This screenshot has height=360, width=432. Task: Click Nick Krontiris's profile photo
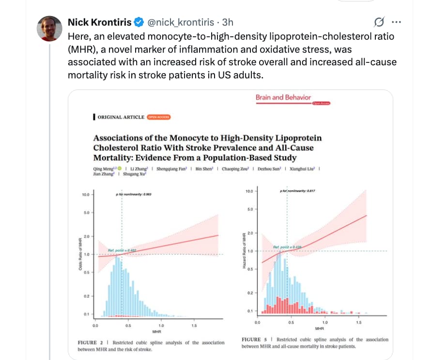50,28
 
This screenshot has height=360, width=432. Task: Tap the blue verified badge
138,22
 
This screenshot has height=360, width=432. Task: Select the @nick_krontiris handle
180,22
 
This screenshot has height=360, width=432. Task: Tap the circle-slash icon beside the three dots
380,22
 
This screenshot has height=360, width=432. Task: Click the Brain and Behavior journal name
283,97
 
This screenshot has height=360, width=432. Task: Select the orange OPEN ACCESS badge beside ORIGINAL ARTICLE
159,117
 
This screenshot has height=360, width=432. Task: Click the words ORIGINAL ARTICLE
121,117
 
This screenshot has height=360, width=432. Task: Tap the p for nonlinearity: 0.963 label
134,195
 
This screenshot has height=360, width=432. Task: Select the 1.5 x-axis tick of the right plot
358,322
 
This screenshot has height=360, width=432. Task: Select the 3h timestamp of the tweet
228,22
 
